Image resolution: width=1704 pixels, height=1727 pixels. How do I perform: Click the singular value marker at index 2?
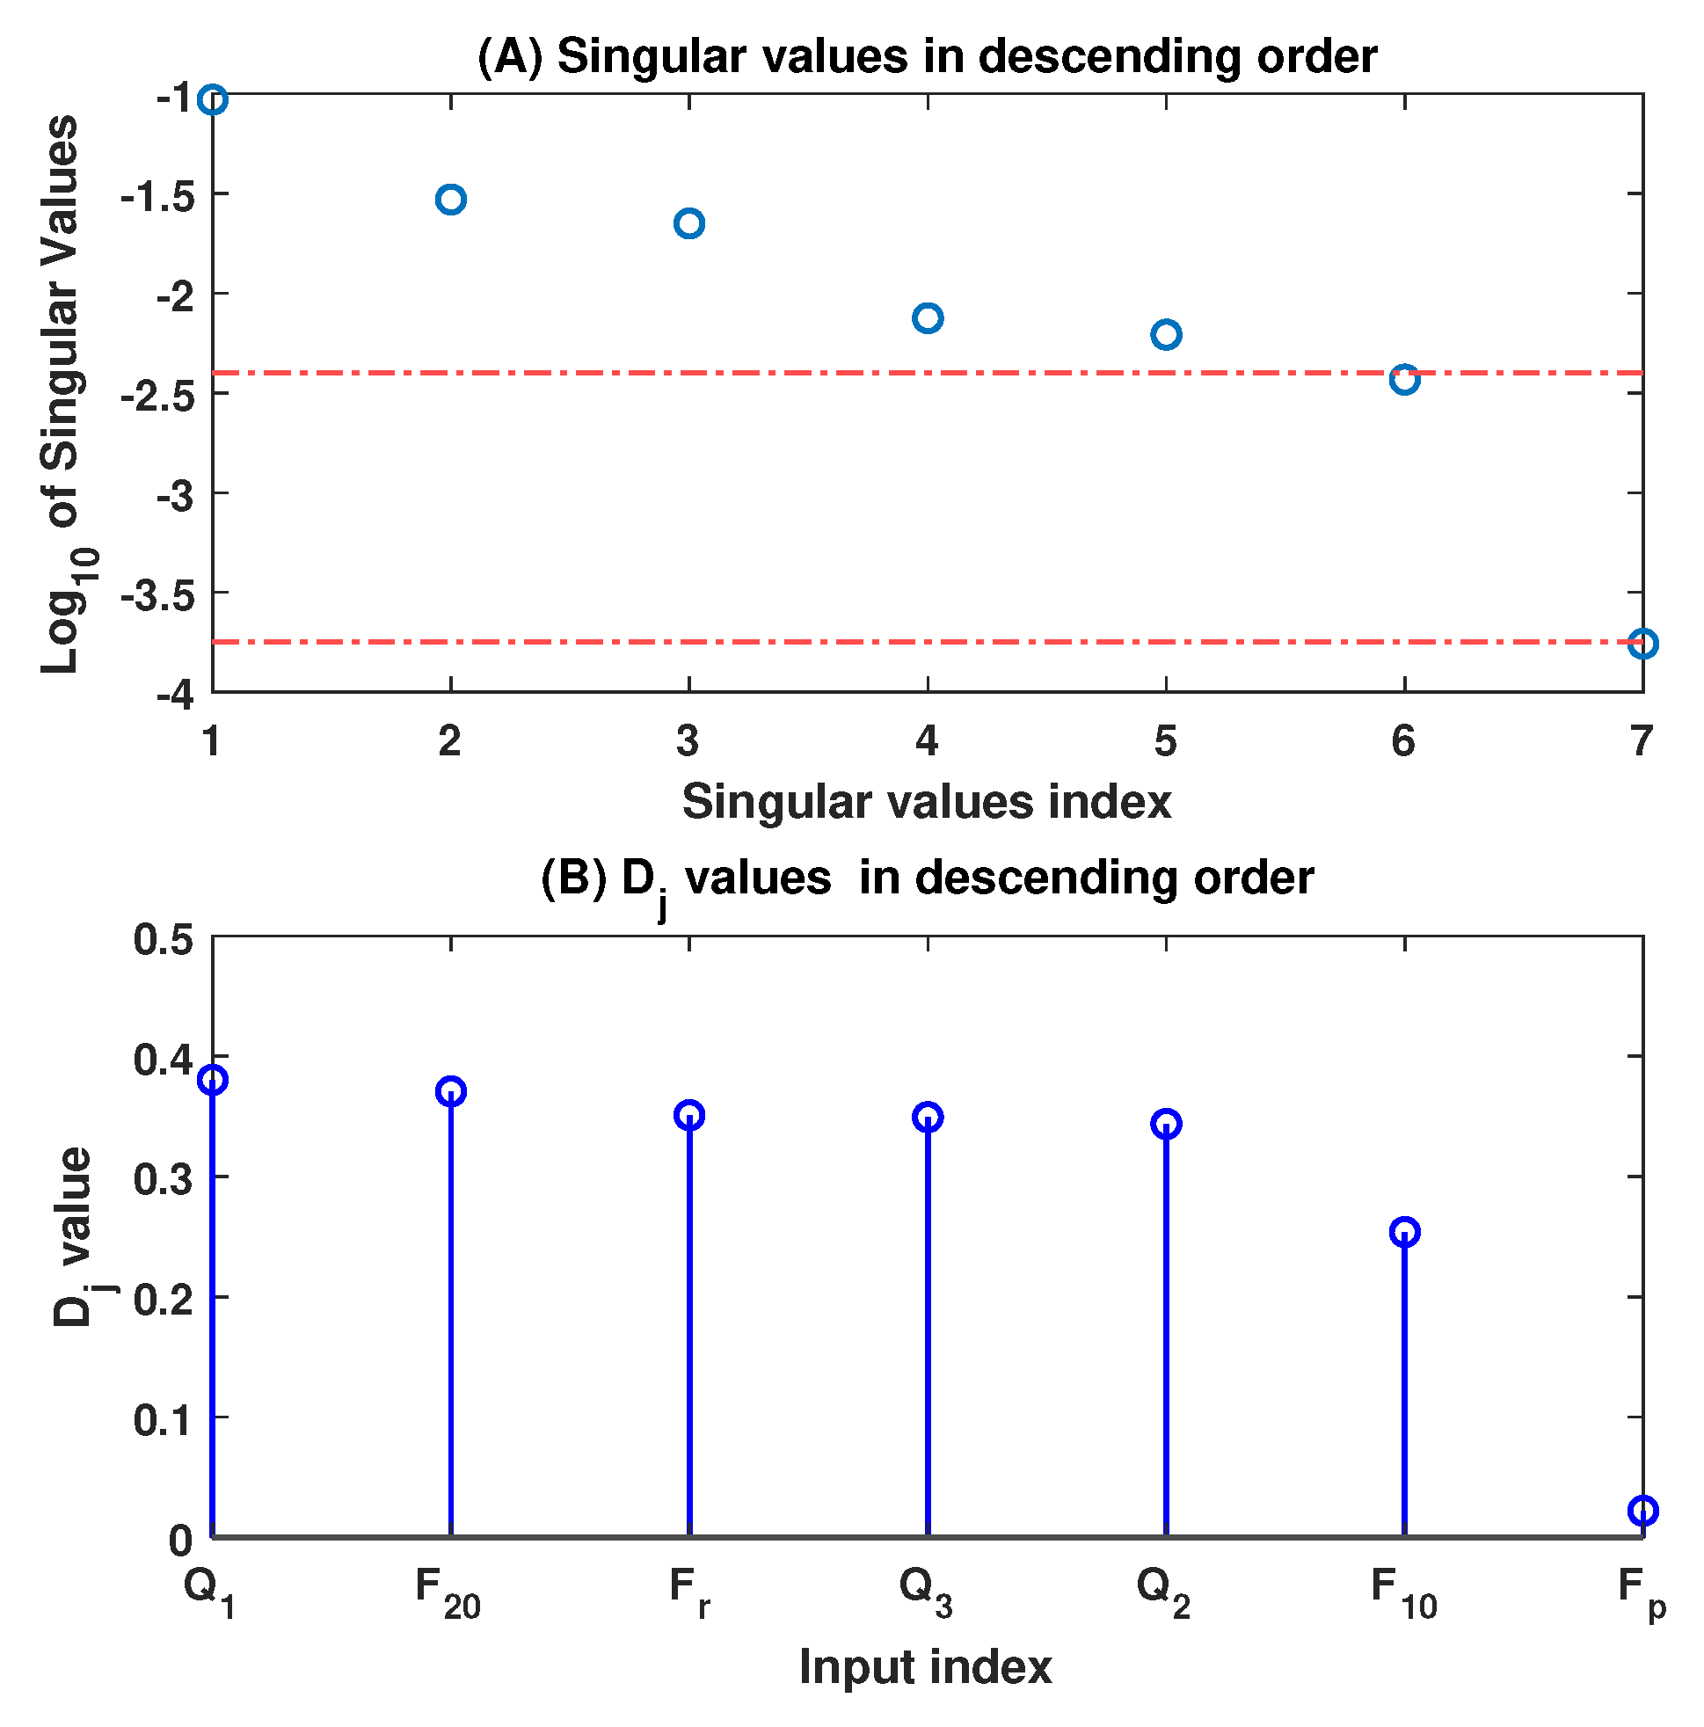[x=450, y=199]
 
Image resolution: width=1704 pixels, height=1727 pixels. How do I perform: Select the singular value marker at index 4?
[x=927, y=318]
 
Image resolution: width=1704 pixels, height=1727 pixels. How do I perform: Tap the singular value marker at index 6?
[x=1403, y=379]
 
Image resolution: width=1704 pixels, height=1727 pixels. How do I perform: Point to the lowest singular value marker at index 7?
[x=1642, y=644]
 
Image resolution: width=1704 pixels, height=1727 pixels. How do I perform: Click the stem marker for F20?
[x=450, y=1091]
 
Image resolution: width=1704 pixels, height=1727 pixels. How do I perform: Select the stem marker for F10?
[x=1403, y=1233]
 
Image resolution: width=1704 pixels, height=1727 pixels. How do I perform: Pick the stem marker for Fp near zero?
[x=1642, y=1512]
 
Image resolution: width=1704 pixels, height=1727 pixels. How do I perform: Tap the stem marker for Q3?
[x=927, y=1118]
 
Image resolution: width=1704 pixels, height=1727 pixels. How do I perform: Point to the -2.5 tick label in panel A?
[x=157, y=396]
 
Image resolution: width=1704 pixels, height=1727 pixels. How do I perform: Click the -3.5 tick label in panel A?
[x=157, y=595]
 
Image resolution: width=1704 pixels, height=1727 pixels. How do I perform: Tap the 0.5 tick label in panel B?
[x=163, y=939]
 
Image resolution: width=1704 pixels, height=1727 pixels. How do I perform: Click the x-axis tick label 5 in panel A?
[x=1164, y=741]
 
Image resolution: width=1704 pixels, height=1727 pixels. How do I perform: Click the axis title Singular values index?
[x=926, y=800]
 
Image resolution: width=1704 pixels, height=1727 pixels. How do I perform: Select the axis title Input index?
[x=925, y=1666]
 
